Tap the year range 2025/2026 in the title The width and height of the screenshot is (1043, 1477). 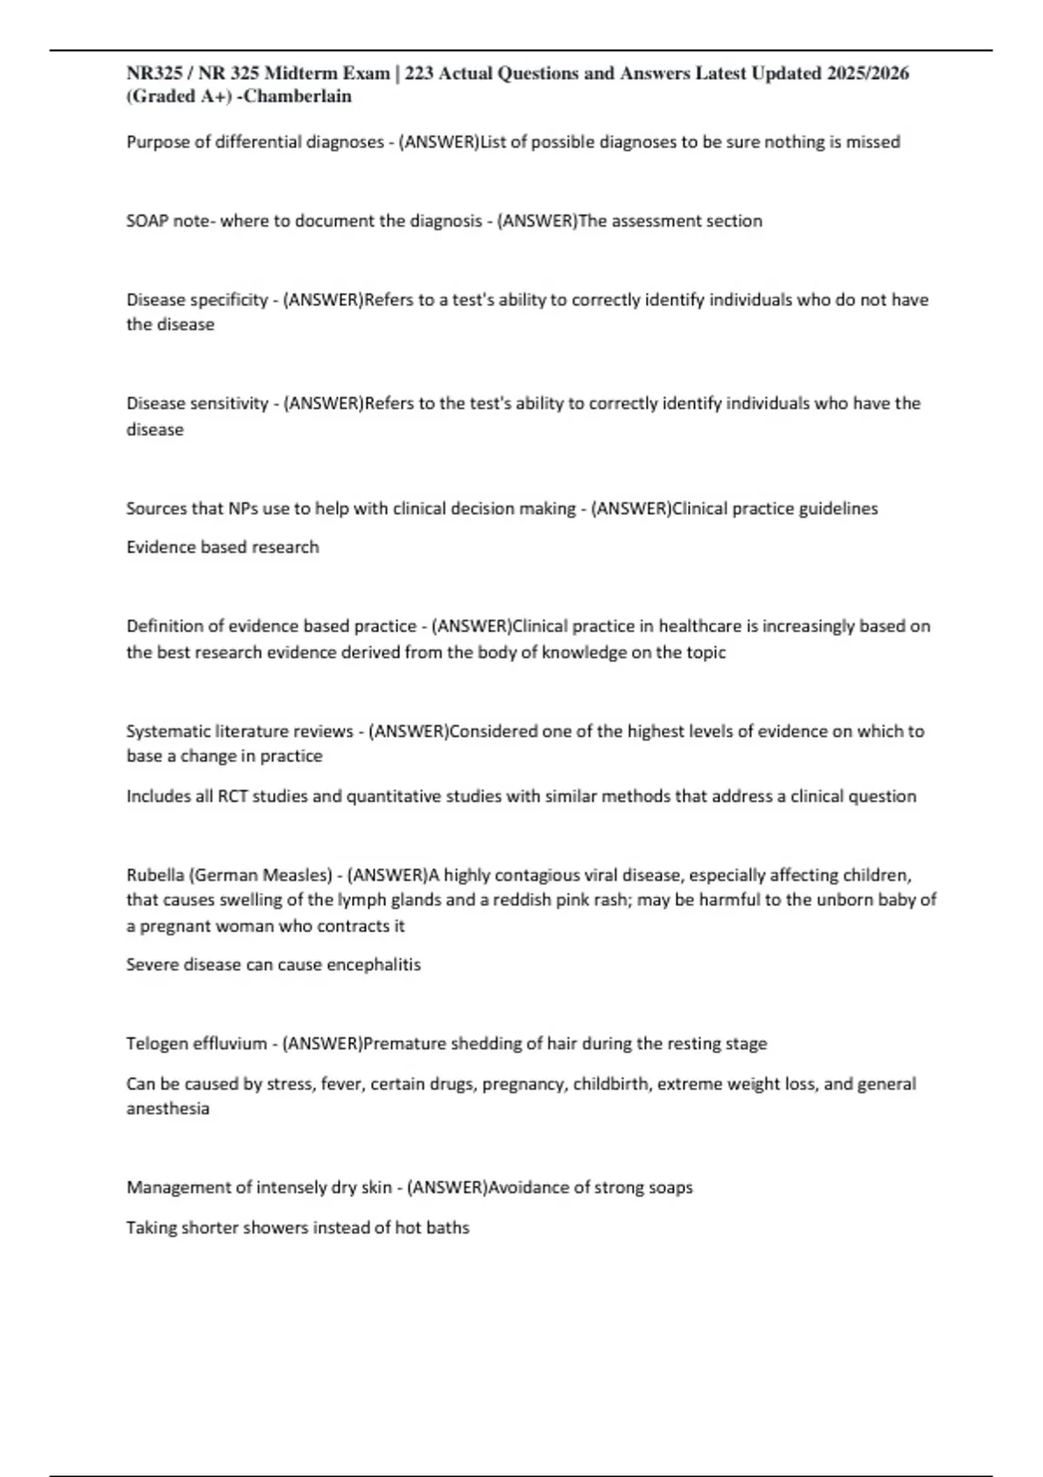tap(867, 73)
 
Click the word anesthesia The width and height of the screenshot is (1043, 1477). tap(168, 1109)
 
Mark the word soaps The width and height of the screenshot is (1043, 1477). tap(670, 1187)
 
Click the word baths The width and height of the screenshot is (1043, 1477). tap(448, 1228)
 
